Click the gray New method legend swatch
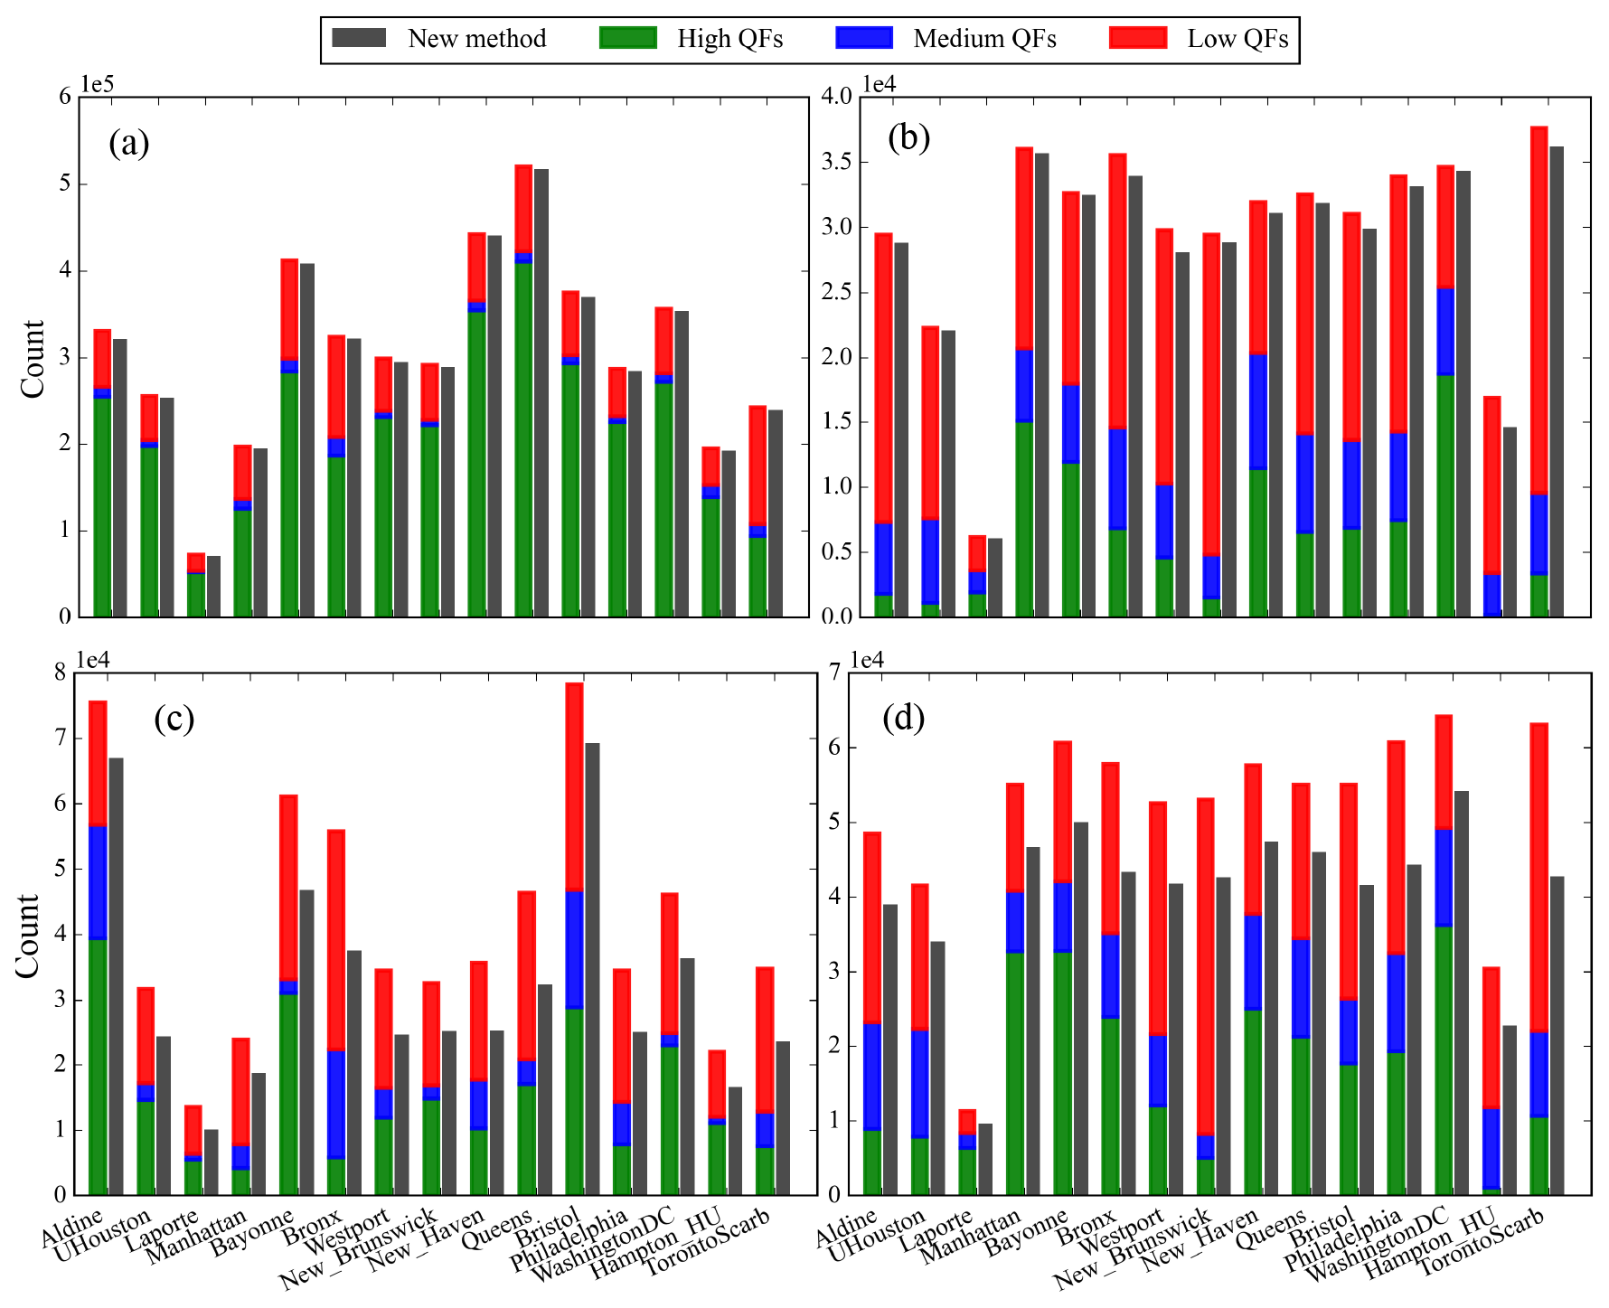coord(359,38)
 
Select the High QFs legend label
coord(729,39)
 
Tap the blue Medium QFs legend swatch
coord(864,38)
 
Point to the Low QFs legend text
coord(1237,39)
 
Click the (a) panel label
coord(128,143)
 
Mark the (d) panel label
coord(903,718)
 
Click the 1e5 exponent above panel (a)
coord(98,84)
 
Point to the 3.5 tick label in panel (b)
coord(834,163)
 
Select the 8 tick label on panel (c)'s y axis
coord(61,673)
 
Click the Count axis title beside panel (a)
coord(33,358)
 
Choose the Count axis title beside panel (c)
coord(28,935)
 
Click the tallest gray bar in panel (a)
coord(541,392)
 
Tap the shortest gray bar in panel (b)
coord(994,578)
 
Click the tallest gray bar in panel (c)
coord(592,968)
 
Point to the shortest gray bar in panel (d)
coord(985,1159)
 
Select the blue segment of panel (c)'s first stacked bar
coord(98,883)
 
